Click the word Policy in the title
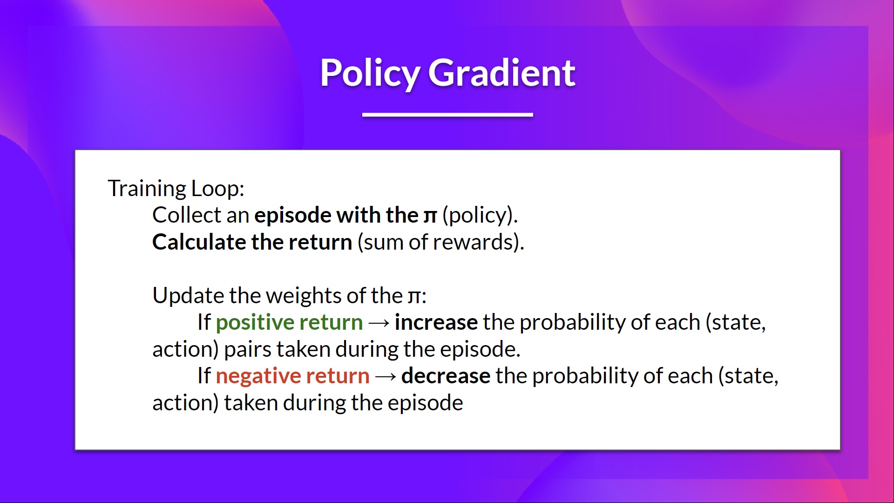click(x=370, y=74)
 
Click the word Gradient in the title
click(x=501, y=73)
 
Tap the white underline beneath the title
click(x=447, y=115)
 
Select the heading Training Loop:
click(x=176, y=189)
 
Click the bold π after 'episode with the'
click(x=430, y=216)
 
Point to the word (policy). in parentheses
click(x=480, y=216)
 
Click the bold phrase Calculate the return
click(x=252, y=242)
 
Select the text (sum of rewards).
click(x=440, y=242)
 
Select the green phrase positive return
click(x=289, y=322)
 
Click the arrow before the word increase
click(x=379, y=323)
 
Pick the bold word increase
click(x=436, y=322)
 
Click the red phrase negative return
click(x=292, y=376)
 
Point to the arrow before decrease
click(x=385, y=376)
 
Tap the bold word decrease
click(x=446, y=376)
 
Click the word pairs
click(x=247, y=349)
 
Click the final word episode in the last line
click(x=425, y=403)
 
